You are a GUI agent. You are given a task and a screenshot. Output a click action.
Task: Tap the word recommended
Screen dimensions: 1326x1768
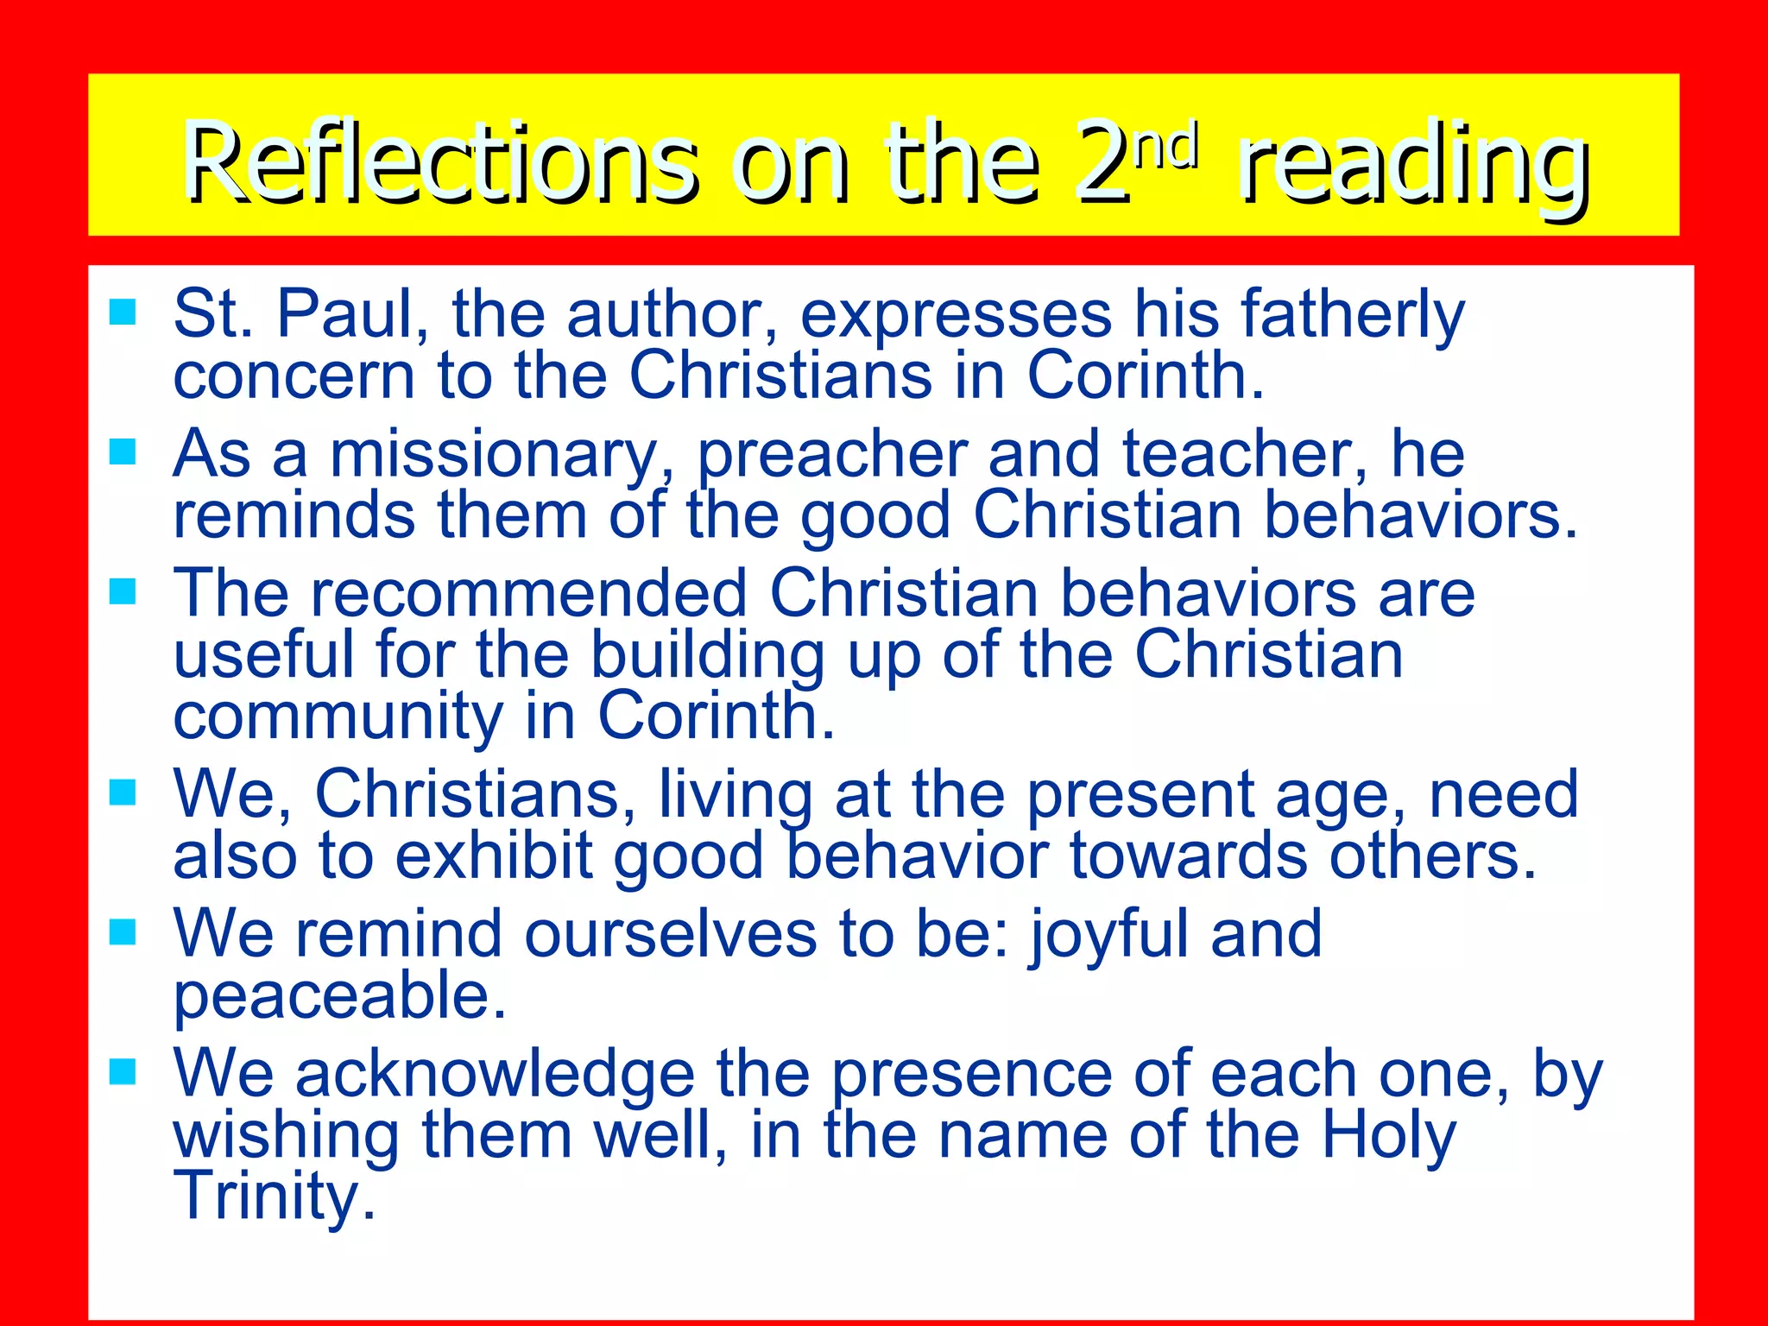pos(528,594)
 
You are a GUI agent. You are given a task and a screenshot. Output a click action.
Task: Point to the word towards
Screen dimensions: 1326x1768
pos(1189,856)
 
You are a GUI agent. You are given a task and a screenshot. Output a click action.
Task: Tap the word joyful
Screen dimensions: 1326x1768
pos(1109,936)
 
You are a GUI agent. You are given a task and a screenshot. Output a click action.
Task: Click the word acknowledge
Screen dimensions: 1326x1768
pos(495,1076)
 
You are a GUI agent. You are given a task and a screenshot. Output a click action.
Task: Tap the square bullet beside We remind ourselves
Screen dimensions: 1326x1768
pos(123,931)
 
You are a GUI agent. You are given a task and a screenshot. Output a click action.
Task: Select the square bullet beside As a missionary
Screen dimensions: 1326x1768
pos(123,451)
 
